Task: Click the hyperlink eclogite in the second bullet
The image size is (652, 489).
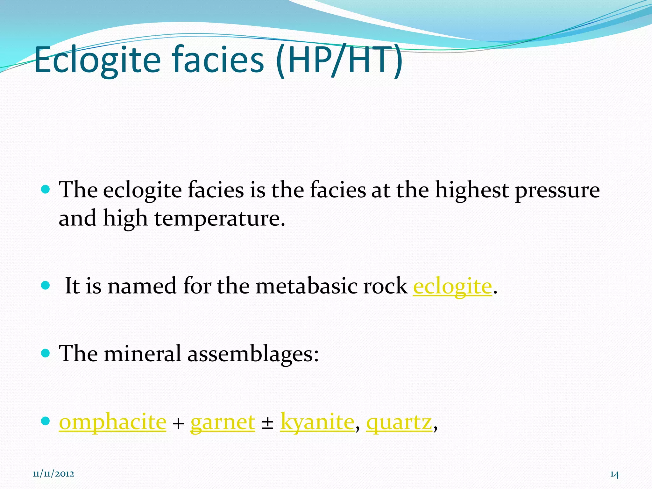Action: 452,286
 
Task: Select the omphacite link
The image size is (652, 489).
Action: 113,422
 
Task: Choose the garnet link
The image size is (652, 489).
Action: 223,422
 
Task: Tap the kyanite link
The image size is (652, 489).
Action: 317,422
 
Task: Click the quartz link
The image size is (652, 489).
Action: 399,422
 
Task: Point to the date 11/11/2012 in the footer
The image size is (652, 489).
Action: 53,474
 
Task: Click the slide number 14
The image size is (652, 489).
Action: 614,475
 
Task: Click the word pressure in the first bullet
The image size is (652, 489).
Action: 557,190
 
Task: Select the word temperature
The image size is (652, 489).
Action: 220,219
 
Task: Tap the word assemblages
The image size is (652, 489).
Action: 253,354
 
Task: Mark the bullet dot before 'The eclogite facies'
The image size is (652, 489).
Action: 46,190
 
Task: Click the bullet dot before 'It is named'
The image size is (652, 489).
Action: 46,285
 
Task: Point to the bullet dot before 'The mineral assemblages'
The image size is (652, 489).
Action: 46,353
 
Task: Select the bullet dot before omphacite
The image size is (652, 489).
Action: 46,421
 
